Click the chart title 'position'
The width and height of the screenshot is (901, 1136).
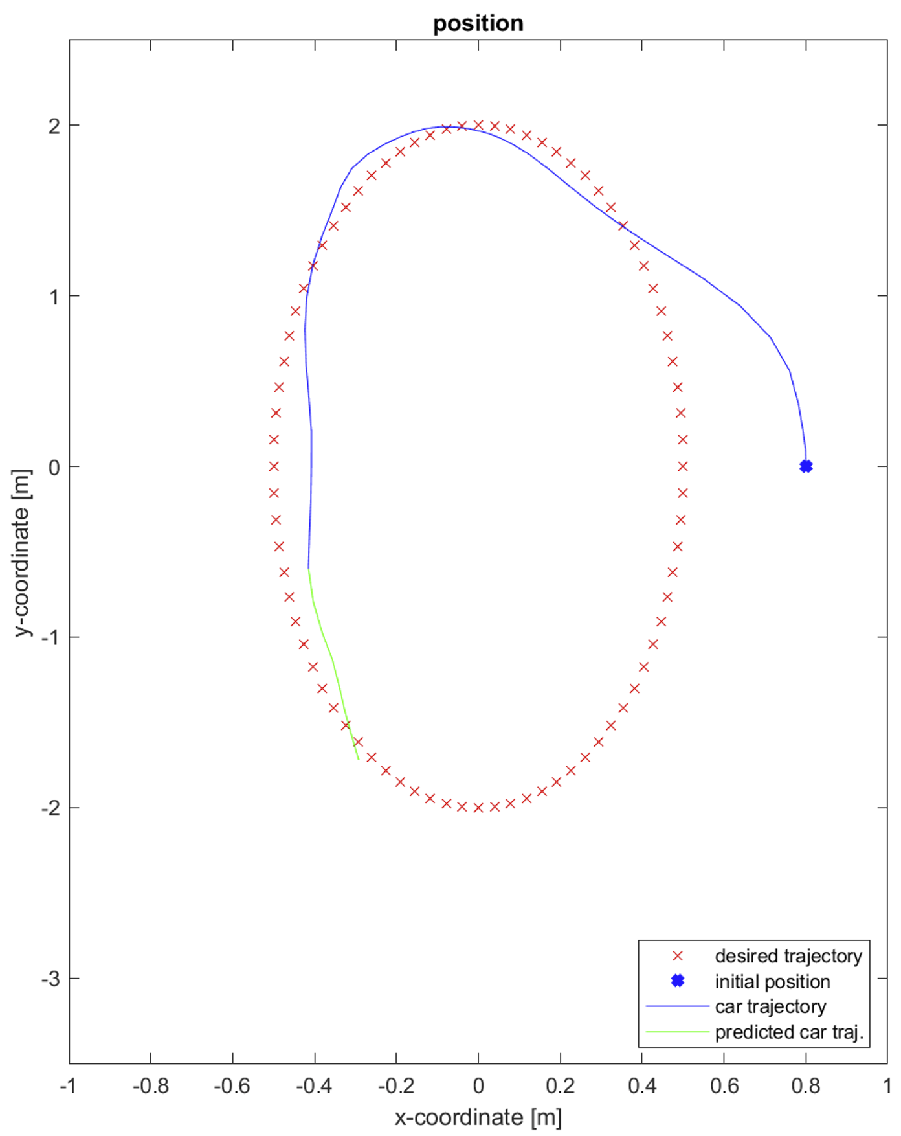pyautogui.click(x=478, y=23)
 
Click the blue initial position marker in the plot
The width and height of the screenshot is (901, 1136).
pyautogui.click(x=806, y=466)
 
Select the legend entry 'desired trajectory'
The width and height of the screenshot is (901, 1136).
pyautogui.click(x=788, y=956)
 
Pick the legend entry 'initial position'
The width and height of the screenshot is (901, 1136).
pyautogui.click(x=772, y=982)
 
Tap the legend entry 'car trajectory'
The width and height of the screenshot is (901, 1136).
pyautogui.click(x=770, y=1006)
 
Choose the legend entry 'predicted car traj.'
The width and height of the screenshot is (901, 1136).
pyautogui.click(x=789, y=1032)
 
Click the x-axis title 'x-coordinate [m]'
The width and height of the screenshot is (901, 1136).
pyautogui.click(x=478, y=1117)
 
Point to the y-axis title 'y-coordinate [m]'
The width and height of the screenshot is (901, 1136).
pyautogui.click(x=22, y=552)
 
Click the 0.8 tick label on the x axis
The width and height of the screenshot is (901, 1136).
pyautogui.click(x=805, y=1085)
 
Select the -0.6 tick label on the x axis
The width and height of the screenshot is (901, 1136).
pyautogui.click(x=232, y=1085)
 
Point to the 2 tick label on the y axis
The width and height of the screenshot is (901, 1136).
pyautogui.click(x=54, y=126)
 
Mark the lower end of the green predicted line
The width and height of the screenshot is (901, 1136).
pyautogui.click(x=358, y=759)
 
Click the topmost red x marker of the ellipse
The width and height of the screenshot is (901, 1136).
pyautogui.click(x=478, y=125)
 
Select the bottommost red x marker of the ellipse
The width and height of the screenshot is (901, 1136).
pyautogui.click(x=478, y=808)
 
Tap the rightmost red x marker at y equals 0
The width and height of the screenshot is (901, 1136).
pyautogui.click(x=683, y=466)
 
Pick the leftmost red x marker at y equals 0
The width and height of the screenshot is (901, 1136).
pyautogui.click(x=274, y=466)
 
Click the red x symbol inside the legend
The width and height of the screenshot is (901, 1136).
pyautogui.click(x=678, y=956)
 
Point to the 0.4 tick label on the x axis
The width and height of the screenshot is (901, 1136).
pyautogui.click(x=641, y=1085)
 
